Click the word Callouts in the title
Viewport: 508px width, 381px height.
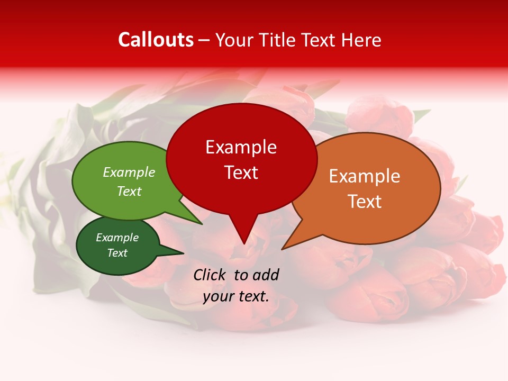(156, 40)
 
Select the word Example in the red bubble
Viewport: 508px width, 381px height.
(241, 147)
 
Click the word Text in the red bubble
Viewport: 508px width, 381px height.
(241, 173)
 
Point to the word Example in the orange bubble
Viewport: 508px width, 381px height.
(365, 176)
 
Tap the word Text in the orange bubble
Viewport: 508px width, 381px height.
(365, 202)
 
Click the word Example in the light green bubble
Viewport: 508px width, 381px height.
(129, 172)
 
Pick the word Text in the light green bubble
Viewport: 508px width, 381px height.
(129, 191)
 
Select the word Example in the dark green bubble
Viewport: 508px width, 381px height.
(117, 238)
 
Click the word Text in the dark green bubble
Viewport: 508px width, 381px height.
(117, 253)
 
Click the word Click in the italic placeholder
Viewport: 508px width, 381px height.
(210, 275)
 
